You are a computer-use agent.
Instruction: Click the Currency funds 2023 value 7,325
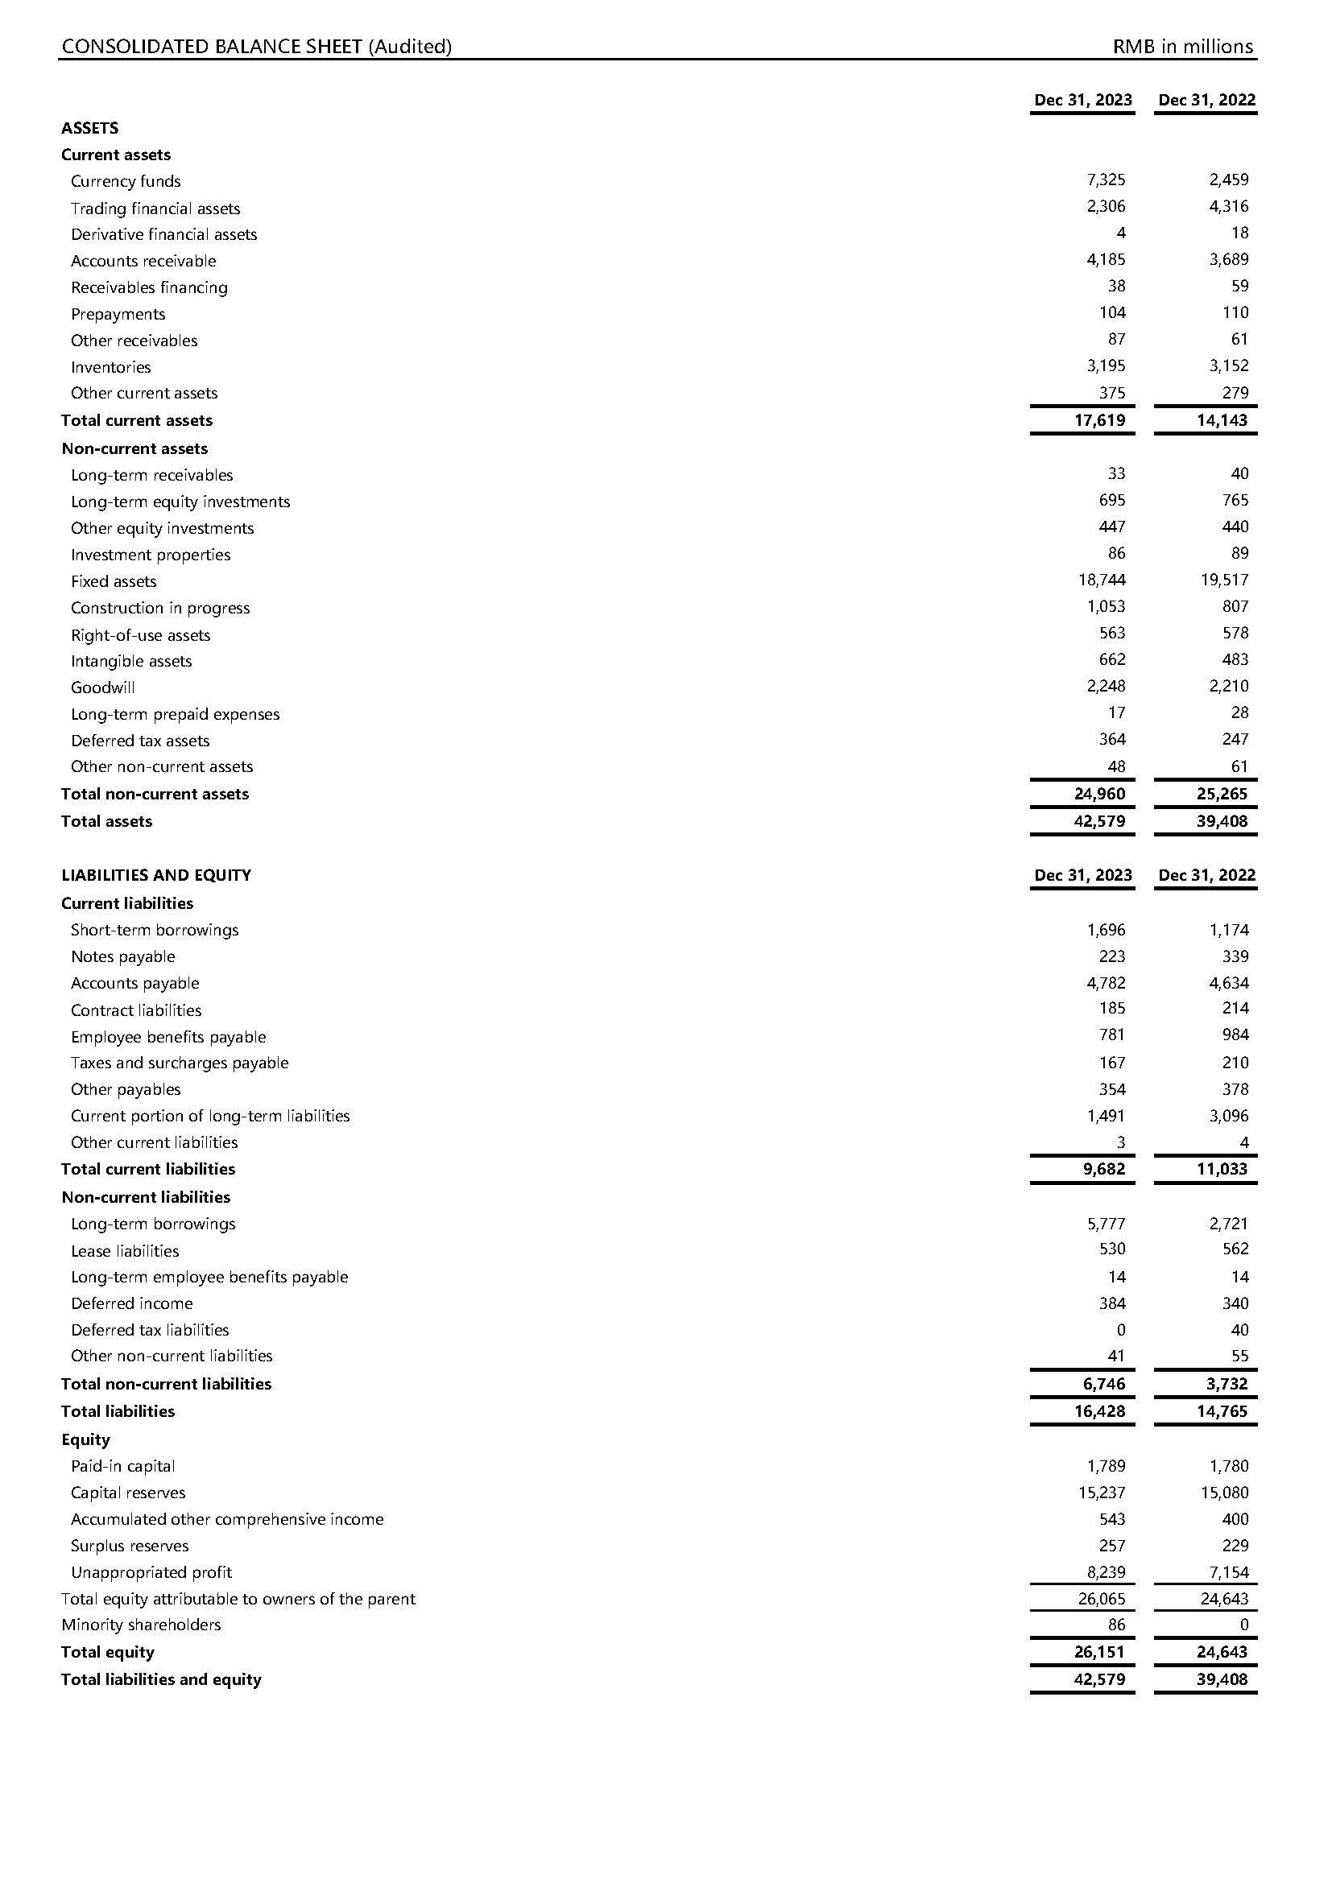point(1106,180)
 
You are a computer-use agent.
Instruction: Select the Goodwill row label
point(102,688)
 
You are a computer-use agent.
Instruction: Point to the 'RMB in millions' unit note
point(1183,47)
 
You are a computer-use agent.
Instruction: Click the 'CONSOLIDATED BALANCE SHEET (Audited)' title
point(257,47)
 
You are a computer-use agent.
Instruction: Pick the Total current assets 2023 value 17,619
point(1100,421)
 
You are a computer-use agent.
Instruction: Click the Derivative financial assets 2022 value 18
point(1239,233)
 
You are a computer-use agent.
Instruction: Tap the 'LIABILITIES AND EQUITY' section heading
point(156,875)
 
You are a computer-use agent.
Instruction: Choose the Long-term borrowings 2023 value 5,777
point(1106,1224)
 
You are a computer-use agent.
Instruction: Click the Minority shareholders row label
point(141,1625)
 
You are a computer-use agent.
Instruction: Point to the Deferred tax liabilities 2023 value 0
point(1120,1329)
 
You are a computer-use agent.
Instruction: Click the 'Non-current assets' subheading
point(134,448)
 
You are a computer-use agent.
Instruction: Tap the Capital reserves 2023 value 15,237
point(1102,1493)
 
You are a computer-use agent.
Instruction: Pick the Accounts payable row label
point(134,982)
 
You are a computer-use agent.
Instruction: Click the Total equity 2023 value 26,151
point(1100,1652)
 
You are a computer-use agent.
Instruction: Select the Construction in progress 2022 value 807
point(1235,606)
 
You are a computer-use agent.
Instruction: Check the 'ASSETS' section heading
point(89,128)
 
